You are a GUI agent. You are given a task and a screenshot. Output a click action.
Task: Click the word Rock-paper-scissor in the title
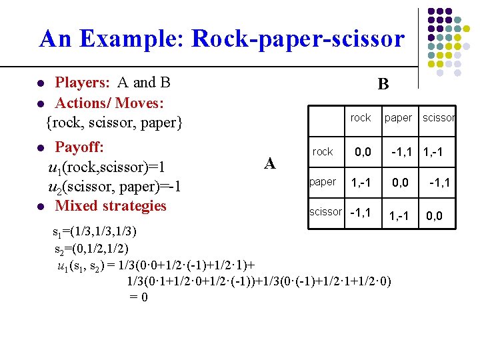click(297, 39)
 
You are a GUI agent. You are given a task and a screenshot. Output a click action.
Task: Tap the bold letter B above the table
click(383, 84)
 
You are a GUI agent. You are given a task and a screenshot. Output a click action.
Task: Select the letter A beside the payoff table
click(270, 163)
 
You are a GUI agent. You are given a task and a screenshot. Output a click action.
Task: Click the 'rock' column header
click(360, 118)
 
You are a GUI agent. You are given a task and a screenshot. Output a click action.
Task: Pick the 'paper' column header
click(398, 118)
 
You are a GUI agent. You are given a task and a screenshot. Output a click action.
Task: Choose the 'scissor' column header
click(439, 118)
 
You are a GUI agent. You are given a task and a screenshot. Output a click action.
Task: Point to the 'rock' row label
click(323, 152)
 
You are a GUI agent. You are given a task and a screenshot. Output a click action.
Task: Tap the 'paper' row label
click(323, 182)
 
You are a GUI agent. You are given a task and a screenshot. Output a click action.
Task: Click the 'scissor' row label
click(325, 212)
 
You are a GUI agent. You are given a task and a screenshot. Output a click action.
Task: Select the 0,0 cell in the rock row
click(363, 153)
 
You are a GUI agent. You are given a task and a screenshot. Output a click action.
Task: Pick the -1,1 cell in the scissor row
click(361, 213)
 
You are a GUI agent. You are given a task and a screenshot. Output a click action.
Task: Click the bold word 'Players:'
click(83, 83)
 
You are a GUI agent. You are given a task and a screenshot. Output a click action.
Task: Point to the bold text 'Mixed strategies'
click(111, 205)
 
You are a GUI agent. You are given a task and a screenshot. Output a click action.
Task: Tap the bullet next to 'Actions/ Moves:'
click(41, 104)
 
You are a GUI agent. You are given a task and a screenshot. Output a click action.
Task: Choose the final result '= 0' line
click(139, 297)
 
